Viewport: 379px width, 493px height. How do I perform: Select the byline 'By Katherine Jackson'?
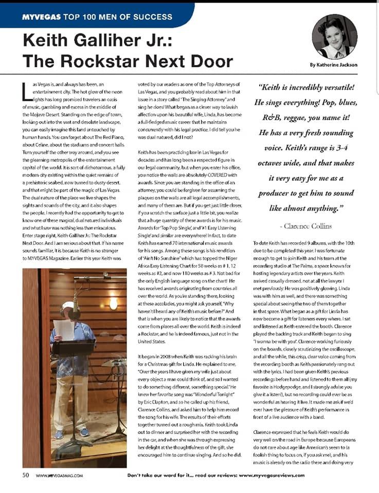pyautogui.click(x=334, y=65)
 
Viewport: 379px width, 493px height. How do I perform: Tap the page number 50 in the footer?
pyautogui.click(x=25, y=475)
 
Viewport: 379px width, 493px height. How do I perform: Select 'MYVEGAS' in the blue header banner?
pyautogui.click(x=42, y=17)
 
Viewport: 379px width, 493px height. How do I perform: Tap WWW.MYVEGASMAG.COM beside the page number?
pyautogui.click(x=59, y=476)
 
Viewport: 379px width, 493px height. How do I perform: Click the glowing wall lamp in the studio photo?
pyautogui.click(x=113, y=303)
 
